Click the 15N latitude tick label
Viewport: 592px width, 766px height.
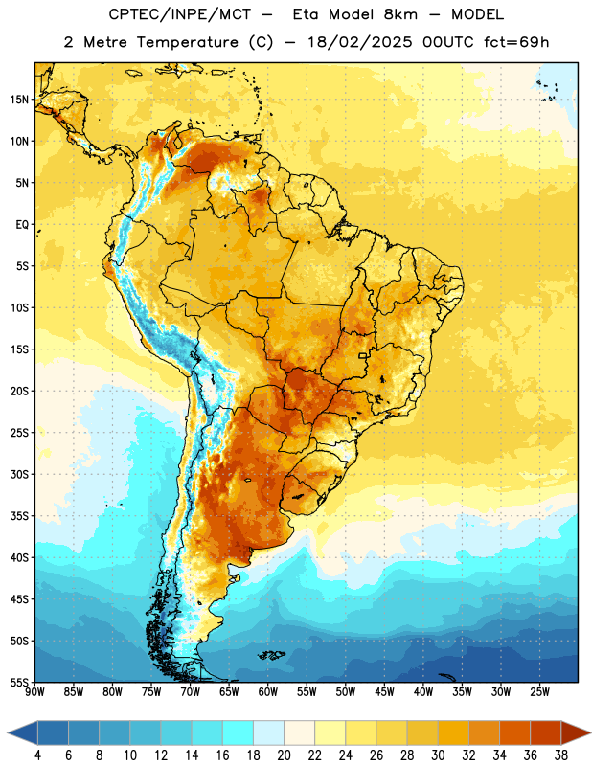[19, 100]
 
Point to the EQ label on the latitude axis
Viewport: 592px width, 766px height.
[22, 225]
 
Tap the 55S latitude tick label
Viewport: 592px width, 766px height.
[19, 682]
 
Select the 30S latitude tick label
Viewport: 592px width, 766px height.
[19, 474]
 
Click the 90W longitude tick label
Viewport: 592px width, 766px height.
[34, 692]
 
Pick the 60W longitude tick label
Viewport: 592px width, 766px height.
[268, 692]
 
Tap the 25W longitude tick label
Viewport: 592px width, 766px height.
[539, 692]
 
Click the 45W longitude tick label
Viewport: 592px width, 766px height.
[384, 692]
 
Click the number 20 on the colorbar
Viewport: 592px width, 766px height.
[284, 755]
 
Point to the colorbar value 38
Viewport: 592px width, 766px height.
[560, 755]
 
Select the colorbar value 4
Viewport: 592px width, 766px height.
[37, 755]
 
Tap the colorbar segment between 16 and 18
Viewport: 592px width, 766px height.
[238, 732]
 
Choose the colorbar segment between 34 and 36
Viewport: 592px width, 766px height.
[514, 732]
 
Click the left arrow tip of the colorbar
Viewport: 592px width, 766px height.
[8, 732]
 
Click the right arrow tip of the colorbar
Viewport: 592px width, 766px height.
[590, 732]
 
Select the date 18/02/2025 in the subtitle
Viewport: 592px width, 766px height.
[360, 42]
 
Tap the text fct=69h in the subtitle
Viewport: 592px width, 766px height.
[516, 42]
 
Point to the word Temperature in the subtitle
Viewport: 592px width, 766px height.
[187, 42]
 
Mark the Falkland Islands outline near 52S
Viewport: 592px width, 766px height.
[271, 655]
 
